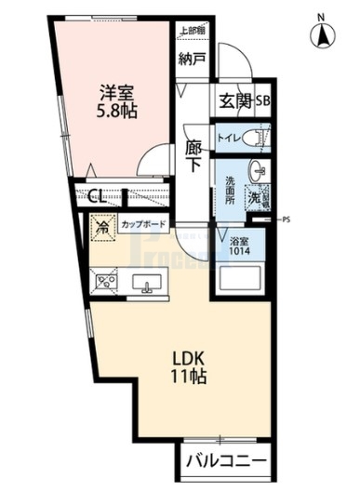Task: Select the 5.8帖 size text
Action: point(116,110)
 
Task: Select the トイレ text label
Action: point(227,139)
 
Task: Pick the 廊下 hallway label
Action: point(193,154)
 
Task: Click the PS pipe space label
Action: point(286,220)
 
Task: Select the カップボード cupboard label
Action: point(144,224)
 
